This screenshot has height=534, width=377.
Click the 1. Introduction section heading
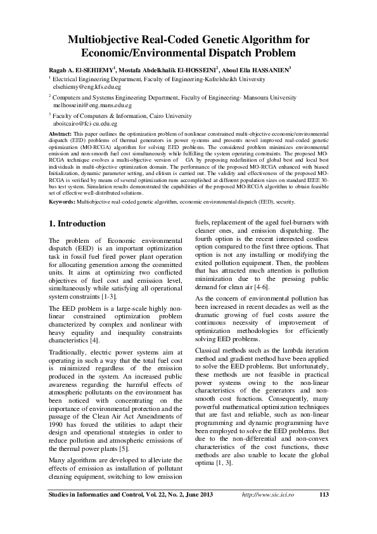[x=77, y=224]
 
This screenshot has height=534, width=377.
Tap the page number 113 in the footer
[x=324, y=495]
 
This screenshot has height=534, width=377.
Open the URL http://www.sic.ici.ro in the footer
[x=273, y=495]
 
